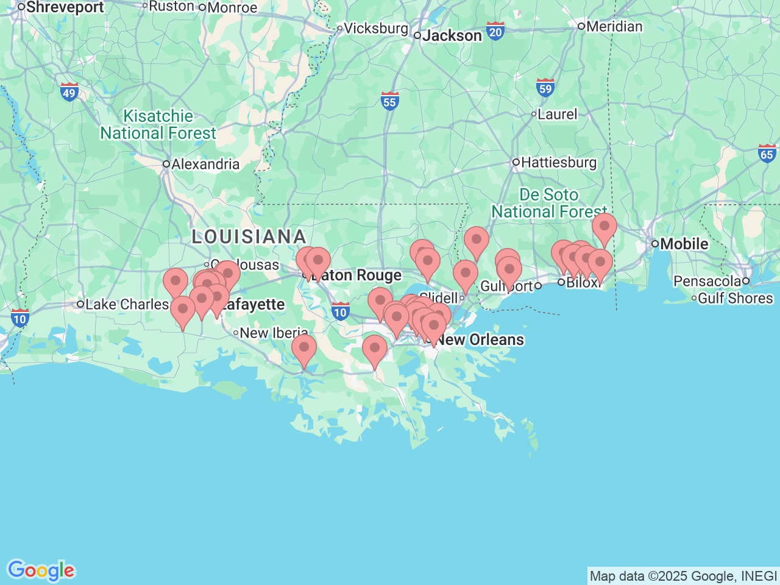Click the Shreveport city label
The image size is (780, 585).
click(65, 7)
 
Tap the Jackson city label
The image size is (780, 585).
click(452, 36)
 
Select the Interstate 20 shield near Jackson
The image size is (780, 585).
click(495, 31)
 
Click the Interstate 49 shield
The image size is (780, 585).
click(69, 92)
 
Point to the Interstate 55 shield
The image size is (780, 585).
click(389, 101)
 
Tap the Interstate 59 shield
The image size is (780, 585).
click(545, 88)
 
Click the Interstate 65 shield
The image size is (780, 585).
click(767, 153)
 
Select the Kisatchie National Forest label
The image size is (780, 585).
click(158, 125)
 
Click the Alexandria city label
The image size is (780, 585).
click(205, 164)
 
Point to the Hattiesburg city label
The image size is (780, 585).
click(558, 162)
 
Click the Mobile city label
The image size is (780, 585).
click(684, 244)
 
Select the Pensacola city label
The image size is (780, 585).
click(707, 282)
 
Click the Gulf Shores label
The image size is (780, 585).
click(734, 299)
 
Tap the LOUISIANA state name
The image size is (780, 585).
click(249, 236)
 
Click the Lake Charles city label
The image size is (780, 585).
click(126, 304)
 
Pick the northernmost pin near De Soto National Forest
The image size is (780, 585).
click(604, 227)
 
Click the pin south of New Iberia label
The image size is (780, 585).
click(304, 348)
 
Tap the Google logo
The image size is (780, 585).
click(41, 570)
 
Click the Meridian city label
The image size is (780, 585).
click(614, 26)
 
